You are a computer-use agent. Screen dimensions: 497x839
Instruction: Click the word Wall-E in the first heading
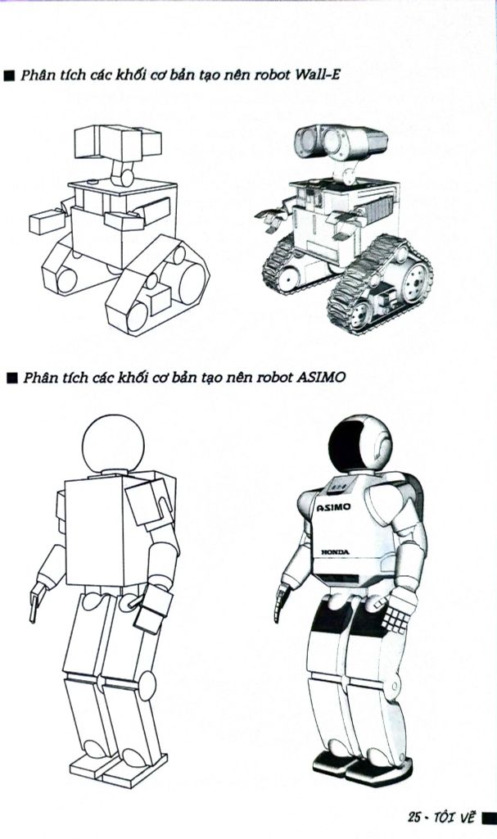pyautogui.click(x=317, y=75)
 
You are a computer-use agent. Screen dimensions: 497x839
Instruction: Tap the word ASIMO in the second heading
pyautogui.click(x=320, y=377)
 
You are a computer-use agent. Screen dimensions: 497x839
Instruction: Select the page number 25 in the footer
pyautogui.click(x=413, y=817)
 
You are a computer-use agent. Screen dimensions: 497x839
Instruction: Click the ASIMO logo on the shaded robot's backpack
pyautogui.click(x=333, y=506)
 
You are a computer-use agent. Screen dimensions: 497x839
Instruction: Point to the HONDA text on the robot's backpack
pyautogui.click(x=335, y=551)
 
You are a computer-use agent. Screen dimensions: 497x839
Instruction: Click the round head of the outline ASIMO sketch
pyautogui.click(x=114, y=443)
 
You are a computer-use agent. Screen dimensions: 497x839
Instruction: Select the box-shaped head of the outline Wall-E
pyautogui.click(x=118, y=142)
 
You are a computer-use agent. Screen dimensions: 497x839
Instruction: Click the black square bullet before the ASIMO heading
pyautogui.click(x=11, y=379)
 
